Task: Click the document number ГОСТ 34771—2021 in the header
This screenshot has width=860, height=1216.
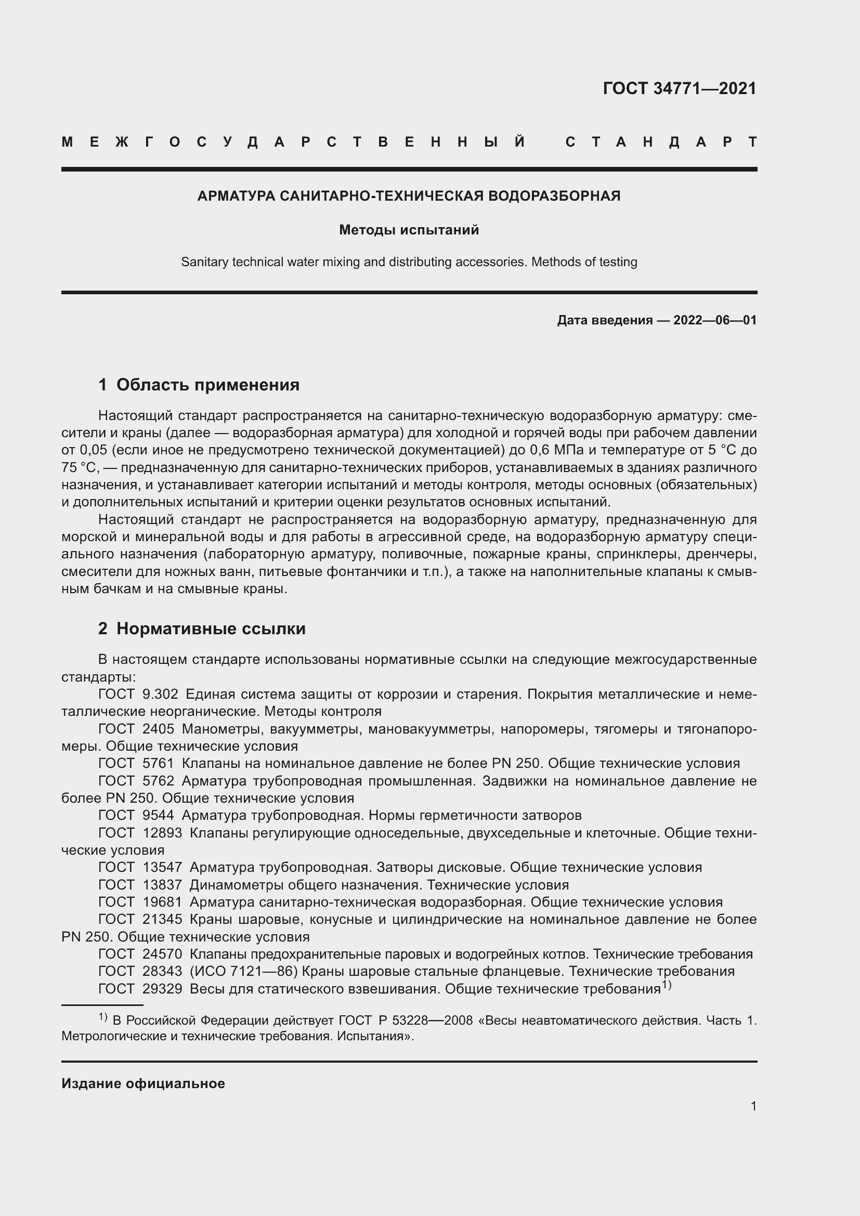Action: [680, 88]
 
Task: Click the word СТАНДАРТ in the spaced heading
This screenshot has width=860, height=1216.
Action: [661, 142]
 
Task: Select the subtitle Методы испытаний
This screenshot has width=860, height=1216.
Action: [409, 230]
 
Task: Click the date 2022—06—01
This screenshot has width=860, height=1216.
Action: [715, 320]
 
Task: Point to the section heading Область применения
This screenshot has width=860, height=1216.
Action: [207, 385]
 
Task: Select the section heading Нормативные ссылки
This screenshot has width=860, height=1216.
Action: [211, 628]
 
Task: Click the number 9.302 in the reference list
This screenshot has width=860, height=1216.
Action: [160, 694]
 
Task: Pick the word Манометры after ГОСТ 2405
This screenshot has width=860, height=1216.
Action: [223, 729]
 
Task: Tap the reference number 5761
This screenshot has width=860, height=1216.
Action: [158, 763]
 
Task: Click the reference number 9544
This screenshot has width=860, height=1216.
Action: [158, 815]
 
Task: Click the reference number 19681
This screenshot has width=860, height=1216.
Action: [162, 902]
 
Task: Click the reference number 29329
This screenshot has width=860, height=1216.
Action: [162, 988]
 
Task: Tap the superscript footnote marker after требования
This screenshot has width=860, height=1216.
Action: [667, 985]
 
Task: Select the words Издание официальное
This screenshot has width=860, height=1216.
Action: [143, 1083]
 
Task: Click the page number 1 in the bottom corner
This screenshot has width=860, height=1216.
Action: [753, 1106]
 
